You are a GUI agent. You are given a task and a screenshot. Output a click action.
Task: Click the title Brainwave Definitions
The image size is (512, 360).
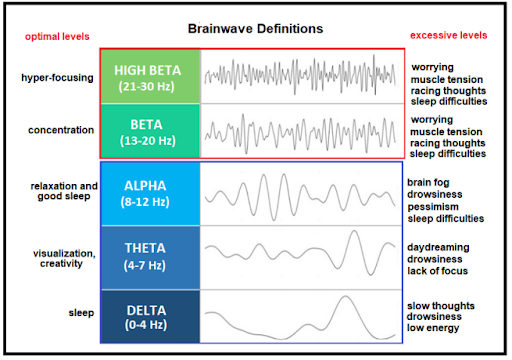click(255, 29)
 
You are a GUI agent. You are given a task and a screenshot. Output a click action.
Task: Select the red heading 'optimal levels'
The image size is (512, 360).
click(57, 36)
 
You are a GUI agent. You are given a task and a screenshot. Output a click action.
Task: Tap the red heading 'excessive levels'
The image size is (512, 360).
click(448, 35)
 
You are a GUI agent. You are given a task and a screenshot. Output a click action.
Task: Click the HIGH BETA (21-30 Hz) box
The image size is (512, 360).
click(150, 76)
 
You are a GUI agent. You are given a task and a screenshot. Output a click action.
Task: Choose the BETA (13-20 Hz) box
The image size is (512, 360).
click(150, 131)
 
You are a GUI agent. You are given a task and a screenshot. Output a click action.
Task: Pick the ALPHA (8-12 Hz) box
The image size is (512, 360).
click(150, 194)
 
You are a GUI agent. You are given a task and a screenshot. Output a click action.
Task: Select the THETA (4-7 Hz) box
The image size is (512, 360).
click(150, 258)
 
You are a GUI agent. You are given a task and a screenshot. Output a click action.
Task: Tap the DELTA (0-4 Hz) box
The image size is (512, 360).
click(150, 316)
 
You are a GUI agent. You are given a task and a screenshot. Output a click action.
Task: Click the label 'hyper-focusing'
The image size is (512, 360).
click(57, 78)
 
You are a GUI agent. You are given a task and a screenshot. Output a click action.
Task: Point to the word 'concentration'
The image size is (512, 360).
click(61, 130)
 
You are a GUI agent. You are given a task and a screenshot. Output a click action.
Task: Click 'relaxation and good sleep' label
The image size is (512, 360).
click(64, 191)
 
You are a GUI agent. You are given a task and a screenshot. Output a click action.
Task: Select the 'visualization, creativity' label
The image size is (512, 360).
click(64, 258)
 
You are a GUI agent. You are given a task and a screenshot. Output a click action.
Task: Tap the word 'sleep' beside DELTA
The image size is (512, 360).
click(81, 313)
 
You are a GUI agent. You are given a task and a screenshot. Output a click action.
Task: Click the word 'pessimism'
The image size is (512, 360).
click(433, 207)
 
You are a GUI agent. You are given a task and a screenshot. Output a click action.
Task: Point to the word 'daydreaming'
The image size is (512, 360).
click(438, 247)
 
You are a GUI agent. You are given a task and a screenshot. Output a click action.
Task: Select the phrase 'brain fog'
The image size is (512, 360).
click(428, 183)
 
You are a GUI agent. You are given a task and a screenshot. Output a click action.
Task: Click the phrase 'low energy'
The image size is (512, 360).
click(433, 328)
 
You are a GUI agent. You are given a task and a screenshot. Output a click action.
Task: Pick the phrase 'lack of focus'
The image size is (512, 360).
click(437, 271)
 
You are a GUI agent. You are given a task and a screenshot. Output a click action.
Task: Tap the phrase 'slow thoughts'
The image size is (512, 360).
click(441, 306)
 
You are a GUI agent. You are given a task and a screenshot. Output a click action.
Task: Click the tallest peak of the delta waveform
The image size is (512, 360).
click(346, 296)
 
